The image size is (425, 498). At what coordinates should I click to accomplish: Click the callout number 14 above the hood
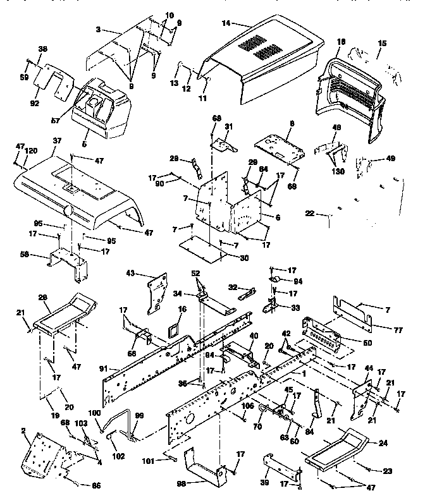[x=227, y=23]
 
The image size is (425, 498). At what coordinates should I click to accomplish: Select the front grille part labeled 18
[x=354, y=95]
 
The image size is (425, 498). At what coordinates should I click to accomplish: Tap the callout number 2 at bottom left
[x=23, y=430]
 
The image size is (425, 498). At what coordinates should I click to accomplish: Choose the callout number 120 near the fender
[x=30, y=152]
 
